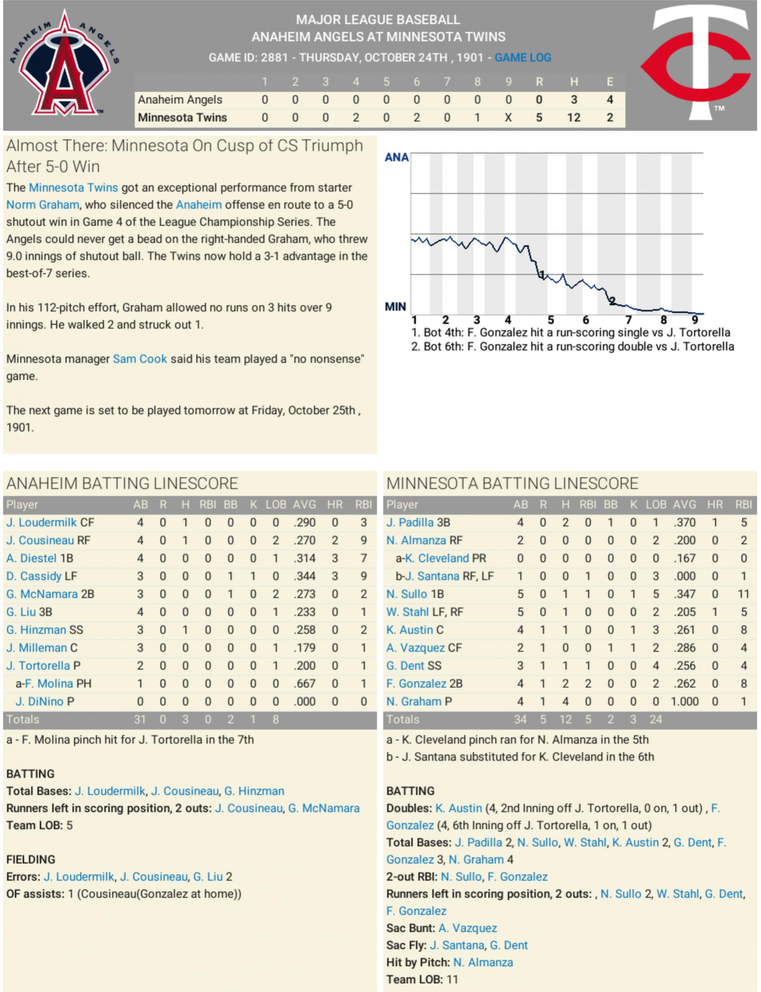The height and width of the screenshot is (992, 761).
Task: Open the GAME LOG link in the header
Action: pos(523,58)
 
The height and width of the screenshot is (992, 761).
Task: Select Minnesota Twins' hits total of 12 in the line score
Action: pos(574,118)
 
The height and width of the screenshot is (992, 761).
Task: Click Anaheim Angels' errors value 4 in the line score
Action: pos(610,100)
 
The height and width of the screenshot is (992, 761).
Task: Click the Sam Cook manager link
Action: pos(139,359)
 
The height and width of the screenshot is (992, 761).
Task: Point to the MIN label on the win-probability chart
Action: pos(396,307)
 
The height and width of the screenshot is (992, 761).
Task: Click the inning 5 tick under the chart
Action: pos(550,320)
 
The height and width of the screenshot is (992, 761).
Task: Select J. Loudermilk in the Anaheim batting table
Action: pos(41,523)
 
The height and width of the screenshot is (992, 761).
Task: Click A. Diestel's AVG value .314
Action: pos(304,558)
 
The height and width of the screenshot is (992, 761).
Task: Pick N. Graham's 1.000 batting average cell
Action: pos(684,701)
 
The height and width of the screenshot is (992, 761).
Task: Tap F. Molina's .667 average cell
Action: pos(304,683)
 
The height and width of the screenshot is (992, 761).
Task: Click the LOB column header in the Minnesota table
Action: pos(655,504)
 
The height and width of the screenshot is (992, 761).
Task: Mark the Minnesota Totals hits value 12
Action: pos(565,719)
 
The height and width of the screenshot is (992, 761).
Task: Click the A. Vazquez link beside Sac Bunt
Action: pos(468,928)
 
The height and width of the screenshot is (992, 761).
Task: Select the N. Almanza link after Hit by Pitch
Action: pos(483,962)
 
